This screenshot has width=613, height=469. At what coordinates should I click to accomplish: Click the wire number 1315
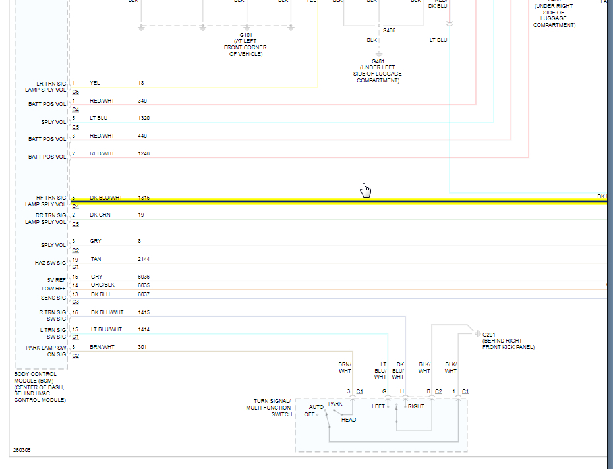tap(144, 198)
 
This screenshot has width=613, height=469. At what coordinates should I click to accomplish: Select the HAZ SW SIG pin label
tap(51, 263)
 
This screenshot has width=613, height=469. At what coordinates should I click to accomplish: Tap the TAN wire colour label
tap(96, 260)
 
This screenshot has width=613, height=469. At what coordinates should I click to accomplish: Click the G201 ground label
tap(488, 335)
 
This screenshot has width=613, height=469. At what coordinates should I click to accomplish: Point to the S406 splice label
tap(390, 30)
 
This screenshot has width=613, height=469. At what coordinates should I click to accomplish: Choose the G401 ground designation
tap(377, 61)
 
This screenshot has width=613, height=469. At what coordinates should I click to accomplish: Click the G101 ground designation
tap(246, 34)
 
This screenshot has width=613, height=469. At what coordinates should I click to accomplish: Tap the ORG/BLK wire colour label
tap(102, 285)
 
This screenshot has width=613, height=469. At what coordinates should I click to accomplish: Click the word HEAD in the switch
tap(349, 420)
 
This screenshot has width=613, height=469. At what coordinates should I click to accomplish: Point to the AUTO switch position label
tap(317, 407)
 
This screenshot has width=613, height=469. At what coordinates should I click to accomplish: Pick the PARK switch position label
tap(336, 404)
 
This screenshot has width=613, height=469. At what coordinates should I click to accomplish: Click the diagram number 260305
tap(22, 451)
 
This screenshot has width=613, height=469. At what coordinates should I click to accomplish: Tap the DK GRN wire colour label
tap(100, 215)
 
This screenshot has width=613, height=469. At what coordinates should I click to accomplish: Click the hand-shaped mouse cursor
tap(366, 190)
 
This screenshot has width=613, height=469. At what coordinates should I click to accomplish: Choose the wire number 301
tap(142, 347)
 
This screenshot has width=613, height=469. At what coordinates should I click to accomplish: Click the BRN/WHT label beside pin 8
tap(102, 347)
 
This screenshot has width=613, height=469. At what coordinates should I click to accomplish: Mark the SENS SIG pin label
tap(53, 298)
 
